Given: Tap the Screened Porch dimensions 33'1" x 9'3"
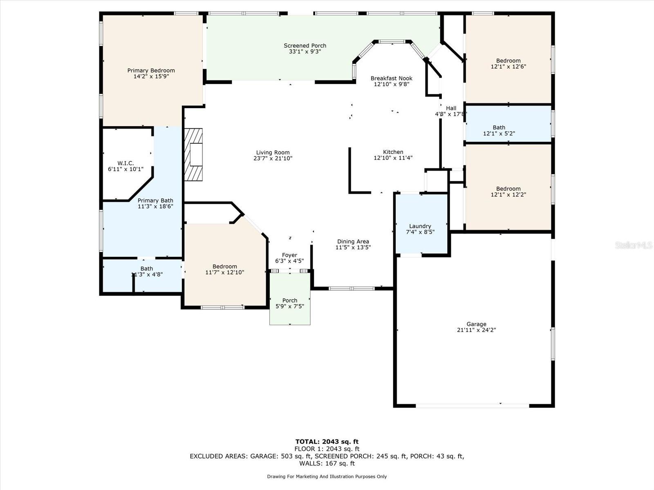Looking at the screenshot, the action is pyautogui.click(x=305, y=51).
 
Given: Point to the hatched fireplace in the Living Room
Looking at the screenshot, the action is pyautogui.click(x=193, y=154).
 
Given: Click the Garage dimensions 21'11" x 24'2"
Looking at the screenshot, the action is pyautogui.click(x=477, y=330).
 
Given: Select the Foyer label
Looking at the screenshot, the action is pyautogui.click(x=290, y=255).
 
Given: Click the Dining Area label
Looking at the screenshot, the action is pyautogui.click(x=353, y=242).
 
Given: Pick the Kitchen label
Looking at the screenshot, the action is pyautogui.click(x=393, y=152).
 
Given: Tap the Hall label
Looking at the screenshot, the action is pyautogui.click(x=451, y=108).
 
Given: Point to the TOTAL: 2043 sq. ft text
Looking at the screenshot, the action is pyautogui.click(x=327, y=441).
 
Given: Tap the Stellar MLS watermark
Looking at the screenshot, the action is pyautogui.click(x=634, y=245).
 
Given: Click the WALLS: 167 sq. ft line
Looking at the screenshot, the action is pyautogui.click(x=327, y=463).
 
